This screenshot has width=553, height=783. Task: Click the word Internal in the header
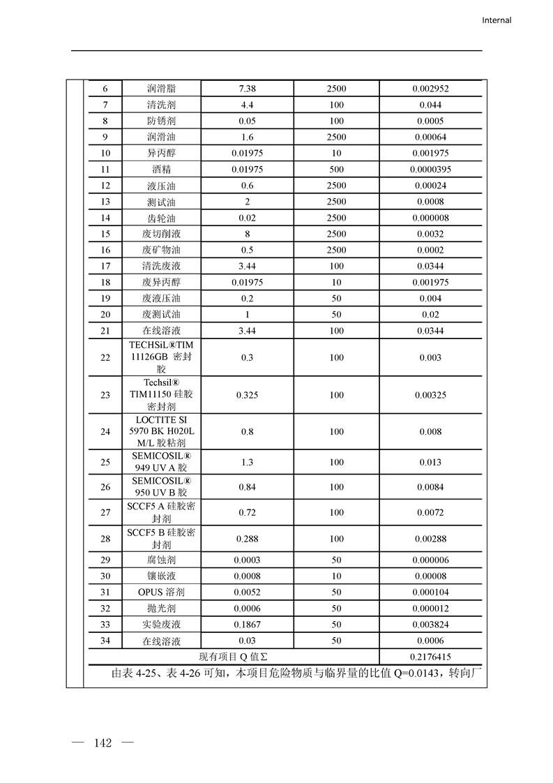click(x=497, y=20)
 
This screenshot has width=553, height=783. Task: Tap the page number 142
click(x=103, y=743)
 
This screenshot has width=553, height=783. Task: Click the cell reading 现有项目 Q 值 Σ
click(x=234, y=657)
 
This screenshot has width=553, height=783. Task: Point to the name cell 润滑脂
click(x=161, y=89)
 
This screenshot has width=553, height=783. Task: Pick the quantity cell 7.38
click(x=247, y=89)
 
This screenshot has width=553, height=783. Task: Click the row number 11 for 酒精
click(x=105, y=170)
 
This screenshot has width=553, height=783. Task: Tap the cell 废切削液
click(x=161, y=234)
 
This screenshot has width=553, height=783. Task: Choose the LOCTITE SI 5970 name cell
click(x=161, y=431)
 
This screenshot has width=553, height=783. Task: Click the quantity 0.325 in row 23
click(x=247, y=395)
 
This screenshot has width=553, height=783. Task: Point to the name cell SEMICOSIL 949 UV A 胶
click(x=161, y=462)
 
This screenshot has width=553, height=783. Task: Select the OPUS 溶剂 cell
click(x=161, y=592)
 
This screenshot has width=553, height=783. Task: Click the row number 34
click(x=105, y=641)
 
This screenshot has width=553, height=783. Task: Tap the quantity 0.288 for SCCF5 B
click(x=247, y=538)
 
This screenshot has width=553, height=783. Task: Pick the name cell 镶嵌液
click(x=161, y=576)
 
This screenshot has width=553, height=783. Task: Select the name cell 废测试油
click(x=161, y=315)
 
